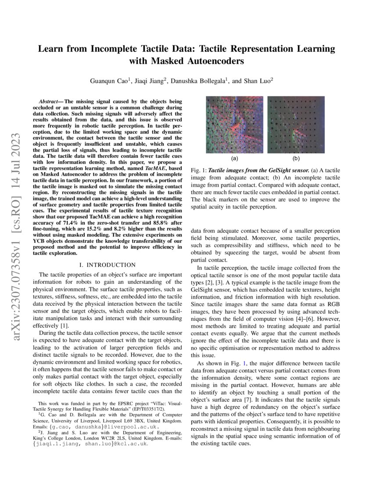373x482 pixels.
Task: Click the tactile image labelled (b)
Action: [x=296, y=124]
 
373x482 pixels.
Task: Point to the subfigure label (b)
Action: [x=296, y=158]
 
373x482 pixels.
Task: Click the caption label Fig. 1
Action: [x=198, y=169]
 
